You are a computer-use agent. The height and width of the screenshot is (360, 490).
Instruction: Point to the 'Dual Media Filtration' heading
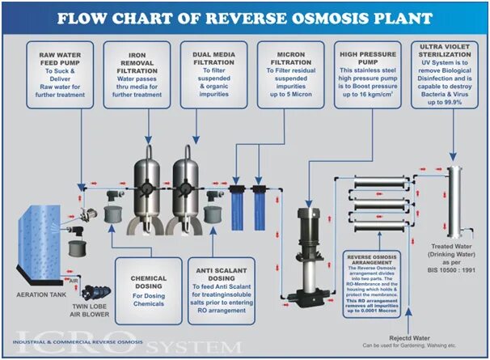(x=212, y=59)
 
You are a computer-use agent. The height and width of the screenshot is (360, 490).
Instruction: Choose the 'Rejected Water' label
(x=407, y=339)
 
